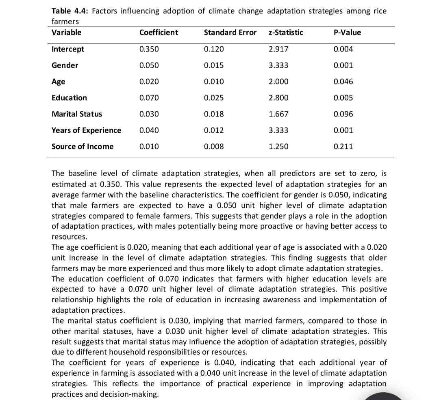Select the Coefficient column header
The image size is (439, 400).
[x=159, y=32]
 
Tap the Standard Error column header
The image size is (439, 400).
[x=230, y=32]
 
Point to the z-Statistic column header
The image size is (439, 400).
[x=286, y=32]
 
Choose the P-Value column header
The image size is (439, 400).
[x=347, y=32]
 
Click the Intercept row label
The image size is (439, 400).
[x=68, y=49]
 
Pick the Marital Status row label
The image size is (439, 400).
[x=77, y=114]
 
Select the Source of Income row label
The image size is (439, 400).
[x=83, y=147]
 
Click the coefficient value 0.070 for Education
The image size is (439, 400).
[x=149, y=98]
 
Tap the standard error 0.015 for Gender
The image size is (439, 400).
[x=214, y=65]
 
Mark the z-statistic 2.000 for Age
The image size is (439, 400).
[x=278, y=82]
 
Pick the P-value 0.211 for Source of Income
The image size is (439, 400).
[x=343, y=147]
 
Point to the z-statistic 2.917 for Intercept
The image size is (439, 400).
[x=278, y=49]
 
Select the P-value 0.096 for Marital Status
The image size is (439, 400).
[x=343, y=114]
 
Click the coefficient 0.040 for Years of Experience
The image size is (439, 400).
[x=149, y=130]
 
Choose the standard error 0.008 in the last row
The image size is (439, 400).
[x=214, y=147]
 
